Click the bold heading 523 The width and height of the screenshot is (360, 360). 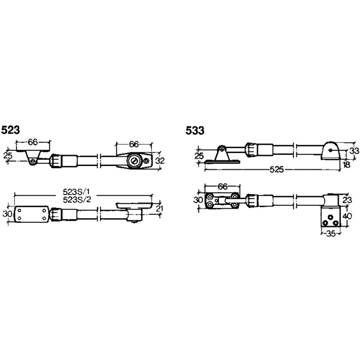click(11, 130)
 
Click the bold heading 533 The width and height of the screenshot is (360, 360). click(195, 130)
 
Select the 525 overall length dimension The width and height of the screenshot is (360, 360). click(277, 170)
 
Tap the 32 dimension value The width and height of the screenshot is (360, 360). click(160, 161)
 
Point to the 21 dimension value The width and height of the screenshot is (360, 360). click(159, 209)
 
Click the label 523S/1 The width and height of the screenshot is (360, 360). click(76, 191)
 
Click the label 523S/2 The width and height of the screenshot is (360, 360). click(77, 200)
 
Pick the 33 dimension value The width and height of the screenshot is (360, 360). click(354, 151)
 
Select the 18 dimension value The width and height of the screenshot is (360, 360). click(346, 164)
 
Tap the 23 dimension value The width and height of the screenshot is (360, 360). click(347, 200)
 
